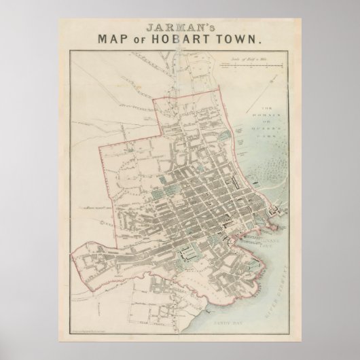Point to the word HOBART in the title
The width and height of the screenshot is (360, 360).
pos(190,39)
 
